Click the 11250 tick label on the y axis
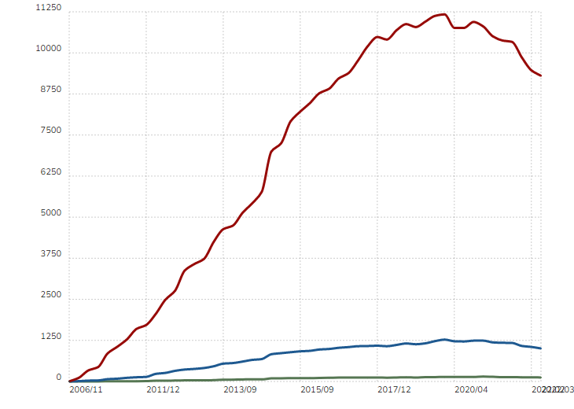pos(48,8)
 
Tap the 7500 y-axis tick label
pos(50,131)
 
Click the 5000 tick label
pos(50,212)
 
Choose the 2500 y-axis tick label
pos(50,294)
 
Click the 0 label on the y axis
pos(58,377)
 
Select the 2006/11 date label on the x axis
pos(86,389)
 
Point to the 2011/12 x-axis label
pos(164,389)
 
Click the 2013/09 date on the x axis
pos(241,389)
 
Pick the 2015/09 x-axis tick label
pos(318,389)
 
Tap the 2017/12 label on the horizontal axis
pos(395,389)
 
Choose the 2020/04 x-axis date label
pos(472,389)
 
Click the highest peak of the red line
pos(445,14)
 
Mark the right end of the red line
pos(541,76)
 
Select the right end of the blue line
pos(541,348)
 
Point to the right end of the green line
pos(541,378)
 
